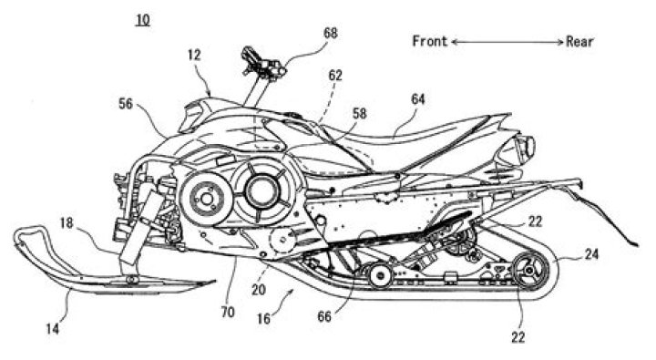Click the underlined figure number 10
point(142,17)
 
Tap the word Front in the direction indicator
point(429,41)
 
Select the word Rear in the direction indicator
point(580,41)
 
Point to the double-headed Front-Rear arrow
point(505,42)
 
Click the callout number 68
point(330,33)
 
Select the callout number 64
point(418,98)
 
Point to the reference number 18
point(67,221)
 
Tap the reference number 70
point(227,312)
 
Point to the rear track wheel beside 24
point(526,271)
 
